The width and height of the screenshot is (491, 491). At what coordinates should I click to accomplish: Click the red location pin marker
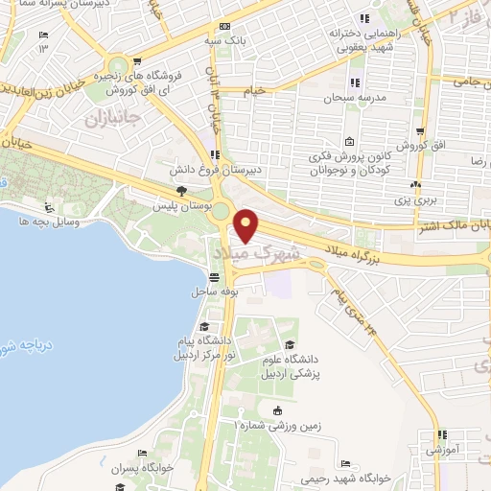click(x=247, y=226)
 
